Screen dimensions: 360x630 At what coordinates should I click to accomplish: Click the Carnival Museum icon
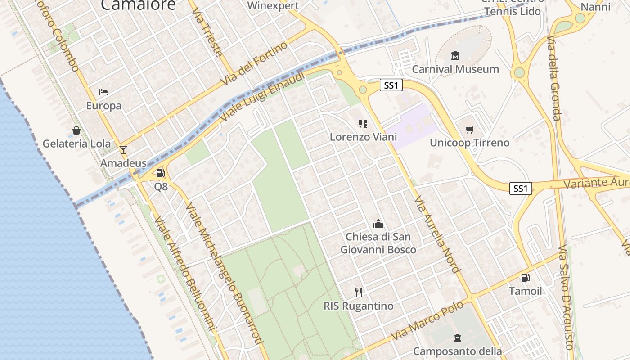455,56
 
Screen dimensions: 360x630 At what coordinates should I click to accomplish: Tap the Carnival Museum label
455,69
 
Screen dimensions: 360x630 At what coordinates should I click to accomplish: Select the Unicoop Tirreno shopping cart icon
470,130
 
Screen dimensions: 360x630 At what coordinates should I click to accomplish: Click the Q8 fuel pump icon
160,173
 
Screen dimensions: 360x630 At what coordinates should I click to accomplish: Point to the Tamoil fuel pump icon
525,278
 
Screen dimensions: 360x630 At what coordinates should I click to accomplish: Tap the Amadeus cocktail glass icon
123,150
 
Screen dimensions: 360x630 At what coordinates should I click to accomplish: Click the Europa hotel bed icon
103,92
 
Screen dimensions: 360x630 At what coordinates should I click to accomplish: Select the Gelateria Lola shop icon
76,130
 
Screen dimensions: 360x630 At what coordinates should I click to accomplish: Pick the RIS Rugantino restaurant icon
359,292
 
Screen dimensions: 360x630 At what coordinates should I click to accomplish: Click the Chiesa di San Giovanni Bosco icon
378,224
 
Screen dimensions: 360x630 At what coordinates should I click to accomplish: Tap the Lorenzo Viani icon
363,123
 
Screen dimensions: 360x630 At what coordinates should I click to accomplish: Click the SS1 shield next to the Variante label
521,189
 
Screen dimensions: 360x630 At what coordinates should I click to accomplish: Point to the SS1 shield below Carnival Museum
391,85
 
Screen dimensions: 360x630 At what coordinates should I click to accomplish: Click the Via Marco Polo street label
427,321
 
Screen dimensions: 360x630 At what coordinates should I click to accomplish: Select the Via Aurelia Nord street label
436,234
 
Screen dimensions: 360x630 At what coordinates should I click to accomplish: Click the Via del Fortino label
254,63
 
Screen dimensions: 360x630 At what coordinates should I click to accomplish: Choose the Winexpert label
273,6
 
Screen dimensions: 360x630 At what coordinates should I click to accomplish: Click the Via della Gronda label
554,79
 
